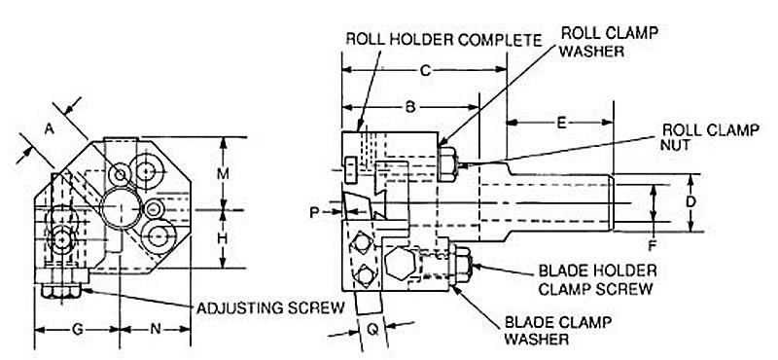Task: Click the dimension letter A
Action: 50,129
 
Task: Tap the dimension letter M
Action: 224,173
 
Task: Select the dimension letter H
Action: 224,238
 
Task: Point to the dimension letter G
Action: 78,329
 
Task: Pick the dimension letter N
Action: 156,329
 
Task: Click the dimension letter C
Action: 425,70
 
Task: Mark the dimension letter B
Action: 410,107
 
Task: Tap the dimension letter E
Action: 561,123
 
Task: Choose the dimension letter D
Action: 690,201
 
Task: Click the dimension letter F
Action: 653,244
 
